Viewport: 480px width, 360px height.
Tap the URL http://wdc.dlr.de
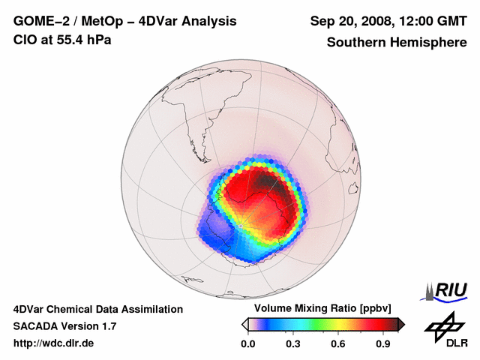[x=54, y=343]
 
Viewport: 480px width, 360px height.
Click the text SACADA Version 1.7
[x=64, y=326]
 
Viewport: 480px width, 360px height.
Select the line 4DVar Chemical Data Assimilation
[x=97, y=309]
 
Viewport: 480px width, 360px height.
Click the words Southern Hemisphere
[x=396, y=43]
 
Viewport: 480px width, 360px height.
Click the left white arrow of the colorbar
[x=244, y=324]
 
